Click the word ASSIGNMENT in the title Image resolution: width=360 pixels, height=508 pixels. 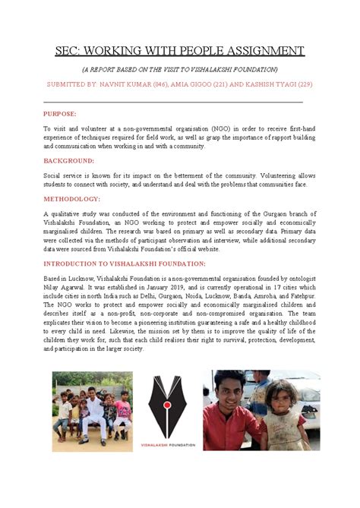(261, 51)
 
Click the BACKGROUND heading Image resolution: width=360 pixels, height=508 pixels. (69, 161)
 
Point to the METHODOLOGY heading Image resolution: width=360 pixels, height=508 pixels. (72, 199)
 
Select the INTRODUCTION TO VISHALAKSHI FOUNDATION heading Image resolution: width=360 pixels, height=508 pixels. (124, 263)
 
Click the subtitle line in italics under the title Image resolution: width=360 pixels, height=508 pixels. (180, 69)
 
